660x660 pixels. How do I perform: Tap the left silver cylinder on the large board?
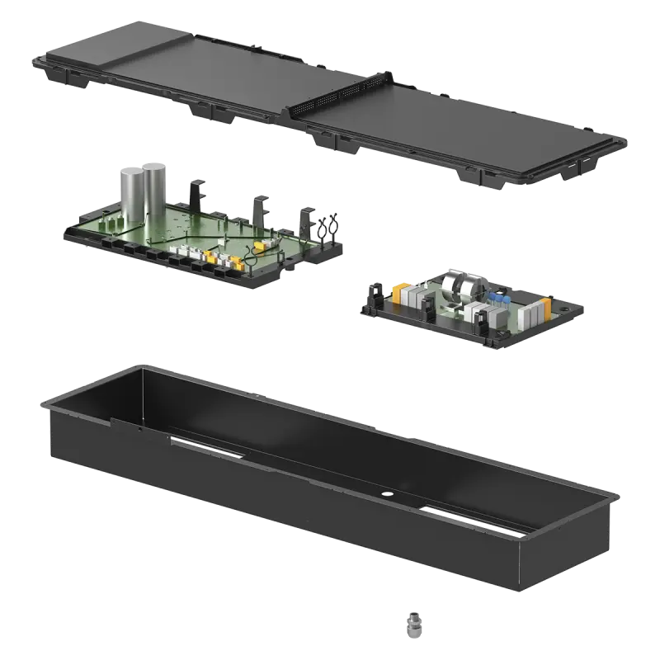[133, 193]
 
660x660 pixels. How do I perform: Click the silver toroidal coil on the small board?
[457, 288]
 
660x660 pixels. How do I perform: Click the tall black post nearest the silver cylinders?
[195, 195]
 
